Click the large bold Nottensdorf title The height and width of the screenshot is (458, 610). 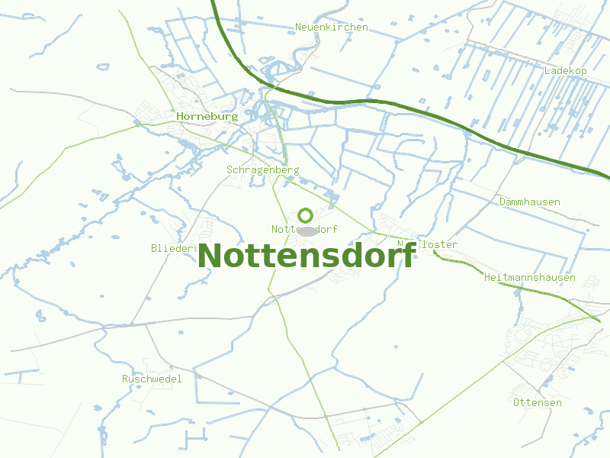(307, 256)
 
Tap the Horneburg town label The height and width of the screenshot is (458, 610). (207, 117)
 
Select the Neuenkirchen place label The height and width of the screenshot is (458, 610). (331, 27)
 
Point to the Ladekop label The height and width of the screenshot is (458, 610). (565, 70)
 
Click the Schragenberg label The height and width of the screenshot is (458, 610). (262, 170)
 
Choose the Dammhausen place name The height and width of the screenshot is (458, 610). (529, 202)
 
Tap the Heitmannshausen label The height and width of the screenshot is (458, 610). (529, 278)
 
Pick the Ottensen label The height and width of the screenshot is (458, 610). (537, 402)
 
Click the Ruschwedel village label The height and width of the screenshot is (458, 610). (152, 379)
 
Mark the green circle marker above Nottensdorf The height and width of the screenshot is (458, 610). (306, 215)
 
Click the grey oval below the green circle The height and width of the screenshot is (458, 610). (307, 231)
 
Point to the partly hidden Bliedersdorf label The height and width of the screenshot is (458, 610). (174, 248)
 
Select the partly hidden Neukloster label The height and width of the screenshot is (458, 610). (431, 245)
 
